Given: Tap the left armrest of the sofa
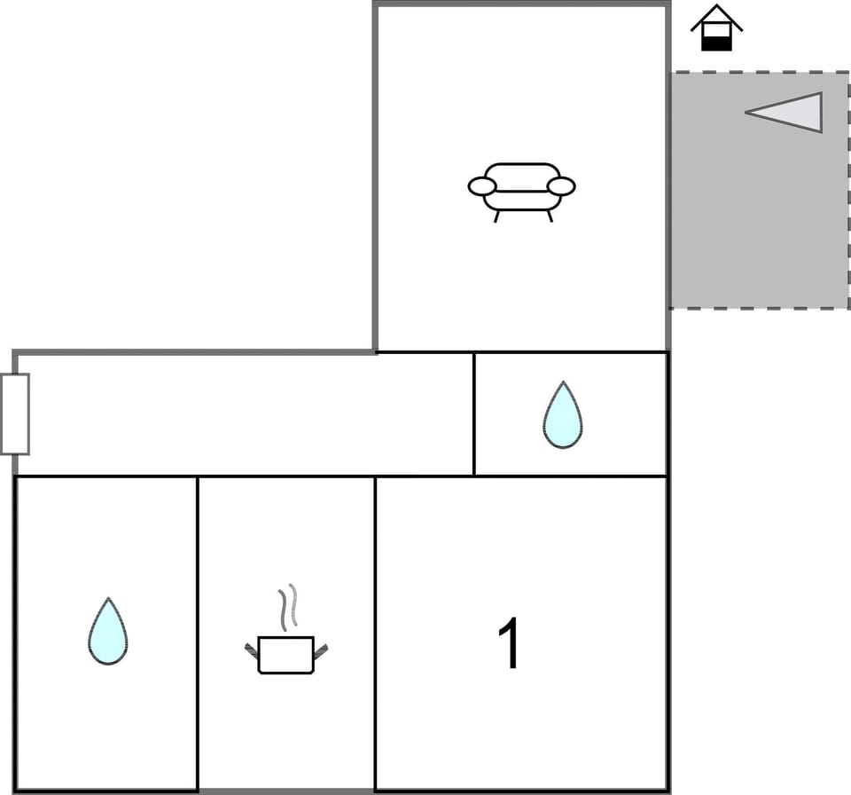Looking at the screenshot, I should point(481,186).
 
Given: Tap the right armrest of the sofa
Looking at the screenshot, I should point(561,186).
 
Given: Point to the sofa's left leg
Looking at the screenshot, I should point(496,216).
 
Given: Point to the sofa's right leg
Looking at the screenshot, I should point(549,216).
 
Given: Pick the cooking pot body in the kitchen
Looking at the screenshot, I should point(285,655).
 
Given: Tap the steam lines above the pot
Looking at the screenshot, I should point(287,607).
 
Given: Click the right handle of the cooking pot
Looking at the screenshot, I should point(320,651).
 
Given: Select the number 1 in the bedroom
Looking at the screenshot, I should point(510,643).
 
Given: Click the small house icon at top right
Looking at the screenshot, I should point(716,28).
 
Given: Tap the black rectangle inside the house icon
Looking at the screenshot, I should point(716,43).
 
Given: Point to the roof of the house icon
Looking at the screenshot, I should point(716,15).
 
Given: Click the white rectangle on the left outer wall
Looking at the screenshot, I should point(15,413).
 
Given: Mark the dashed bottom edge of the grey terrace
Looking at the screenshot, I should point(759,308).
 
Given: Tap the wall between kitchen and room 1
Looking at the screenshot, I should point(375,634).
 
